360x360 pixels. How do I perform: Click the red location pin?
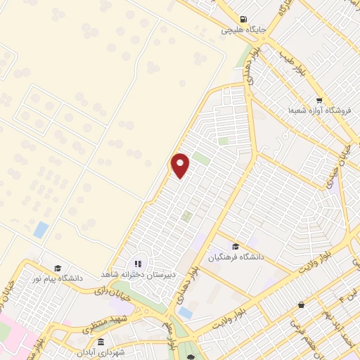pos(181,165)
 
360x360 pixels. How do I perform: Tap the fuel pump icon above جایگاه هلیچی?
pos(243,19)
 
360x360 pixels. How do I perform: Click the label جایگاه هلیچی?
pos(243,30)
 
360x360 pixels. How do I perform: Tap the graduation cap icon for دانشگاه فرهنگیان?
pos(236,246)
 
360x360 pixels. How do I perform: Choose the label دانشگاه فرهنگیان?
pos(236,257)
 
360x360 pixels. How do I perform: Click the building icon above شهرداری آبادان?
pos(101,341)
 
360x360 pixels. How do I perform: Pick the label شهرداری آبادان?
pos(101,352)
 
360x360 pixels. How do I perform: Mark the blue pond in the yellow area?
pos(41,229)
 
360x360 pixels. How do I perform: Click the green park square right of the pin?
pos(201,159)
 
